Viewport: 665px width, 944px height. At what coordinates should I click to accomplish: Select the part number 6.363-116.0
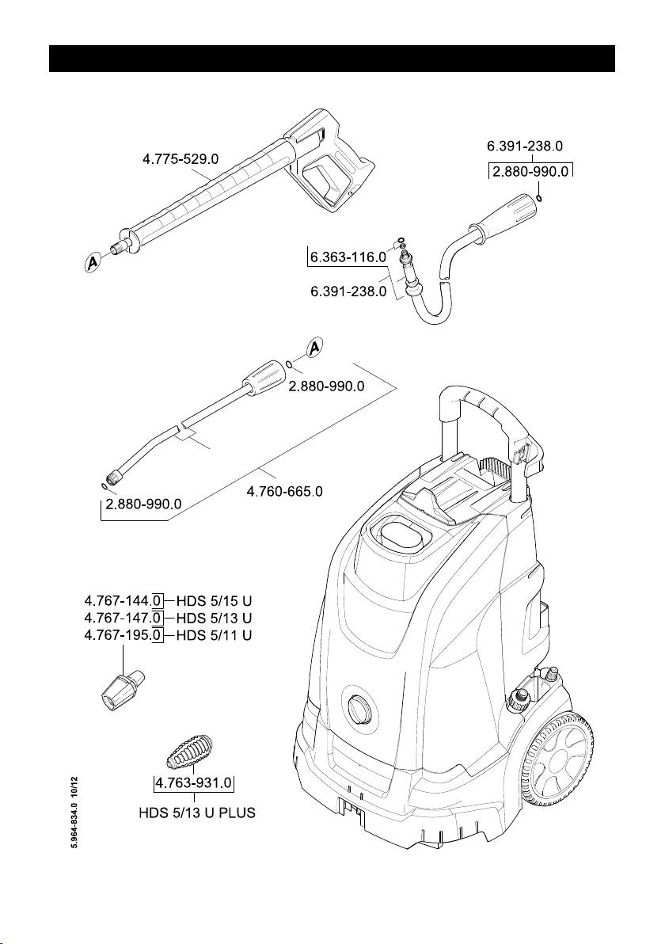[348, 257]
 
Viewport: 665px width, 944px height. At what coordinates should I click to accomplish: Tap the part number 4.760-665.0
[284, 492]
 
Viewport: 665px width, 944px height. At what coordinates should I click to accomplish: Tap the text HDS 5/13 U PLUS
[193, 813]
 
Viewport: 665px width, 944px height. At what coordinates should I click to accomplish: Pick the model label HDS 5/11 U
[214, 635]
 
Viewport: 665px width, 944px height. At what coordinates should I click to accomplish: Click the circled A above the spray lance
[314, 348]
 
